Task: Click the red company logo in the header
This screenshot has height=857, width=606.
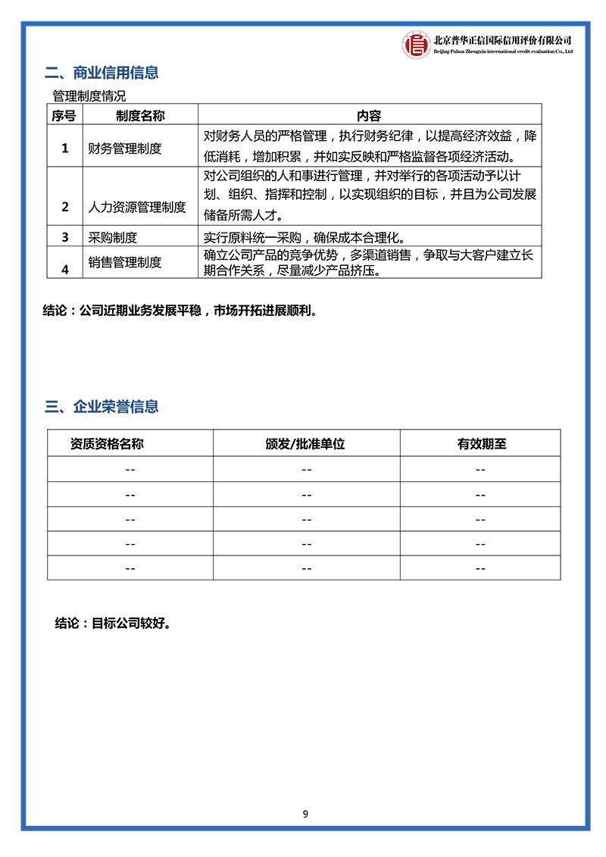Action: [416, 44]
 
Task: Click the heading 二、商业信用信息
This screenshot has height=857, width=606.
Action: [102, 74]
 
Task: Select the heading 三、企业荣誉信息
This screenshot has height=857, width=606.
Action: [102, 407]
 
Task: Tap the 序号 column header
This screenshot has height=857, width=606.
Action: [64, 116]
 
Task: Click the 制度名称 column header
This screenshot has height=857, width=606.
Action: [140, 116]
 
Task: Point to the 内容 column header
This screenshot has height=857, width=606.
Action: [369, 116]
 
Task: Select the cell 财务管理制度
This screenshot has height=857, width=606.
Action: [125, 149]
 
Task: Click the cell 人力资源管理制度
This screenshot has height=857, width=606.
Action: [137, 207]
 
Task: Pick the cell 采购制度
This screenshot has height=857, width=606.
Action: [113, 237]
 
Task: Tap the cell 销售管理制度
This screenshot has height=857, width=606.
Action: [125, 262]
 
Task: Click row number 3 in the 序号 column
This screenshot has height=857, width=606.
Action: [65, 237]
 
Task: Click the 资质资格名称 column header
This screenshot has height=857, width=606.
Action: [107, 444]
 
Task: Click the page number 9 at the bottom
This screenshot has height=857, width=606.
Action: [305, 815]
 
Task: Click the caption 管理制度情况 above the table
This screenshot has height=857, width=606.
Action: [89, 96]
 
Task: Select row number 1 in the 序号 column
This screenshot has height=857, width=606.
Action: [65, 149]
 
